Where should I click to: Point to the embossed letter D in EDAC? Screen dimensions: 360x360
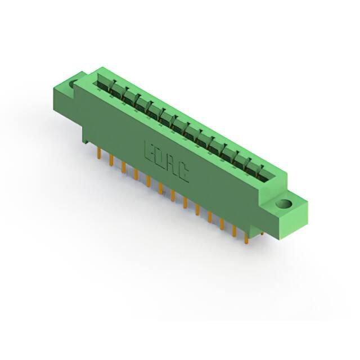(159, 159)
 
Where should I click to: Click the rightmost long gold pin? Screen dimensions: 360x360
(246, 238)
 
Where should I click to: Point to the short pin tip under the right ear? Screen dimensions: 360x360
(262, 233)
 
